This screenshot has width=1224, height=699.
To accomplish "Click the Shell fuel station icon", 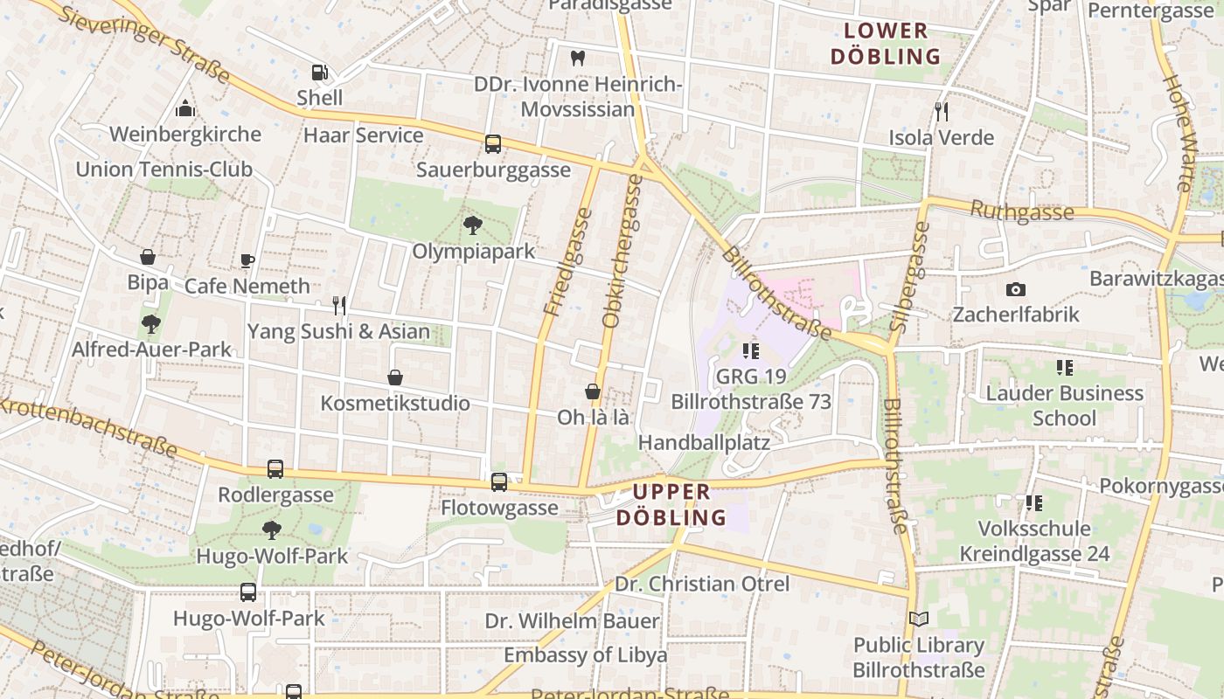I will click(320, 73).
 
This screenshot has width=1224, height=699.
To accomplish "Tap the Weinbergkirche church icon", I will click(185, 109).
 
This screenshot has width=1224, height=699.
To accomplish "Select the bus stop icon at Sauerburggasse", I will click(493, 144).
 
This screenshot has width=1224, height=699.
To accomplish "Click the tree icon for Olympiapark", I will click(473, 225).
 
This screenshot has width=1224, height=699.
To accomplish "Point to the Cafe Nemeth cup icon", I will click(247, 260).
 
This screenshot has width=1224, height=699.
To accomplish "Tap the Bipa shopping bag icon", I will click(148, 258).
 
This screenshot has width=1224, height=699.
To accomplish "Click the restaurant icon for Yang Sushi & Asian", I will click(339, 305).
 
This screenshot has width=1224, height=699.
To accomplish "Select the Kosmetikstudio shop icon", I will click(395, 377).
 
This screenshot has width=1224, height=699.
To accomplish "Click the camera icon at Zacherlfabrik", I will click(1016, 289).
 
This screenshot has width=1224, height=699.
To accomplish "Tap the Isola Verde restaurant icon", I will click(942, 112).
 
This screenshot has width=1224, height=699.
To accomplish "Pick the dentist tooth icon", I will click(577, 59).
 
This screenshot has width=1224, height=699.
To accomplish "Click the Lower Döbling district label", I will click(885, 44).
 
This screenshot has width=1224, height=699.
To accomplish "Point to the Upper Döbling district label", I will click(671, 504).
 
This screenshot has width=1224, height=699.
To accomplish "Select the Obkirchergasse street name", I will click(622, 252).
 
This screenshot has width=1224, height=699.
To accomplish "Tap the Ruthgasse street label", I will click(1021, 211).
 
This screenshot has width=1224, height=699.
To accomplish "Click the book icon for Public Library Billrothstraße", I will click(918, 619).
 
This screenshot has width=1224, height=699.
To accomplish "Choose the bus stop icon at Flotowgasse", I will click(499, 481).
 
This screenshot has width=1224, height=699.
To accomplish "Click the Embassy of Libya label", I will click(585, 654).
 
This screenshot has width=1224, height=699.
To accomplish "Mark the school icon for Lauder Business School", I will click(1064, 368).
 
